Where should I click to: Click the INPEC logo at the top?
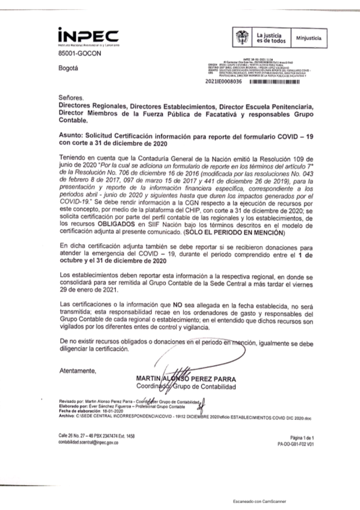click(88, 37)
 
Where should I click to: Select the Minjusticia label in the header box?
click(309, 38)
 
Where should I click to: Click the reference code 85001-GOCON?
click(80, 54)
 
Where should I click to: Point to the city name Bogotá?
click(68, 68)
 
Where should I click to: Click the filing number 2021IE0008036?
click(224, 82)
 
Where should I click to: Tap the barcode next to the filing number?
click(274, 82)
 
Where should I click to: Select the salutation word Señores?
click(71, 98)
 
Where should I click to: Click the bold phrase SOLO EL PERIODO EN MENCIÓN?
click(234, 233)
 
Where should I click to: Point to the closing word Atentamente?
click(78, 371)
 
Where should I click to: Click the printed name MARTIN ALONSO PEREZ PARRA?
click(186, 379)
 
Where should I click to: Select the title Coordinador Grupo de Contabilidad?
click(186, 387)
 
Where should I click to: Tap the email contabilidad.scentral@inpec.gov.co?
click(89, 443)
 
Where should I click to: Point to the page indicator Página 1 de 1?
click(302, 438)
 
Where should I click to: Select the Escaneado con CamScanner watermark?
click(260, 501)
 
